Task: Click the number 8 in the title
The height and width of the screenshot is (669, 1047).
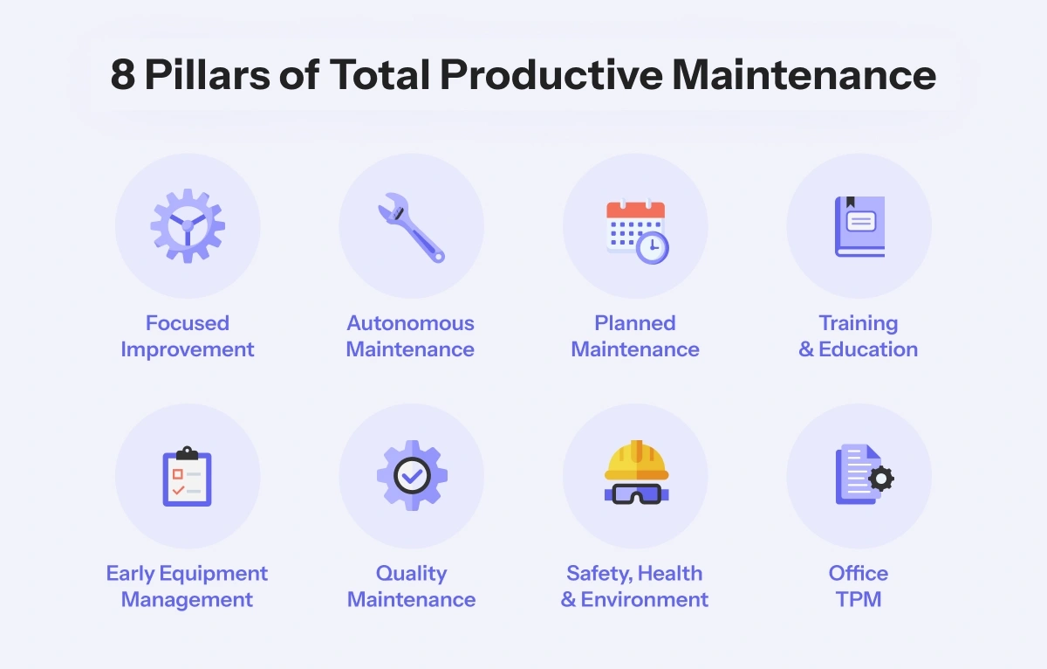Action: point(123,75)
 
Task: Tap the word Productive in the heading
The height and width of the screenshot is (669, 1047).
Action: point(551,75)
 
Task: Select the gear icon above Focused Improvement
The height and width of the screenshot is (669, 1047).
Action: point(188,226)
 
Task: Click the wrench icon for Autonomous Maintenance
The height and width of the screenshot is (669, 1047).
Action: point(411,228)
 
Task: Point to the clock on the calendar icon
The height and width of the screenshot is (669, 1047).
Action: point(652,248)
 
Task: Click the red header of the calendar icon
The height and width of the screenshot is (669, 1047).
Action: point(636,210)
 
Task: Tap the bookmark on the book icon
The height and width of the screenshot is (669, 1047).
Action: point(850,202)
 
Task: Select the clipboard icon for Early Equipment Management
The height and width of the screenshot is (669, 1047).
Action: point(187,476)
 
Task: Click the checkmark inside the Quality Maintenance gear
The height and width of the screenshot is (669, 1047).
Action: point(412,476)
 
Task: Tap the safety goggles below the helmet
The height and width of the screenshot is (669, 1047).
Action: point(636,494)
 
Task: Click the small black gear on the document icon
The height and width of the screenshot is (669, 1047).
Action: point(881,479)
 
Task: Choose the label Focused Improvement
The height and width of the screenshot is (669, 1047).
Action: point(188,336)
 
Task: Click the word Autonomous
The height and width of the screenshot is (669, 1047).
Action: point(410,323)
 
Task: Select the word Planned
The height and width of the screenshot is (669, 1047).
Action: point(635,323)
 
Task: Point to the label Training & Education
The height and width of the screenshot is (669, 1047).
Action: point(859,336)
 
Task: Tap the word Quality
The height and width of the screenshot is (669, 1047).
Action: point(411,574)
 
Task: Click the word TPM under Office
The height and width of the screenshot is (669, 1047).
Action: point(859,599)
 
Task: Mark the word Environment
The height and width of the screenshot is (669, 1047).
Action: point(645,599)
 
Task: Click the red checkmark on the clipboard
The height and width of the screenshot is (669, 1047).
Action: point(178,490)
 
